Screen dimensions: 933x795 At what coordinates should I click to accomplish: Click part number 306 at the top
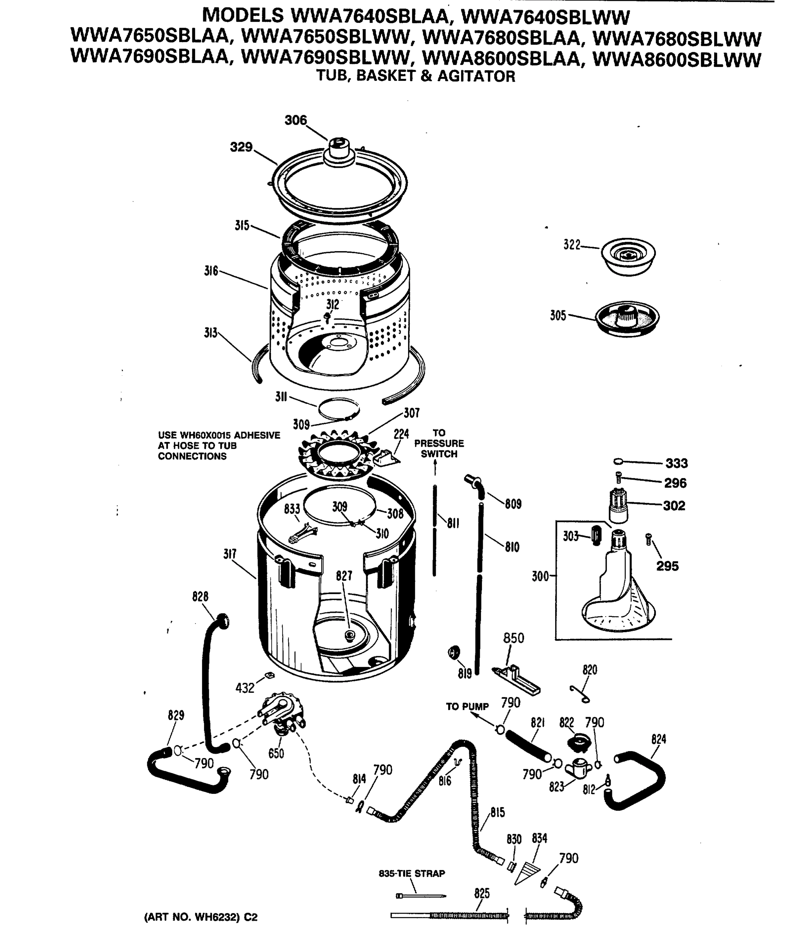click(x=295, y=120)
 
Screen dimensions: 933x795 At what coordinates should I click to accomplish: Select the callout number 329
click(x=241, y=147)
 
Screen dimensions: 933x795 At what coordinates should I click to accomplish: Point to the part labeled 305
click(x=627, y=318)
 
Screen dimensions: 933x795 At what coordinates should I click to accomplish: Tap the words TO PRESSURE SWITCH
click(x=439, y=444)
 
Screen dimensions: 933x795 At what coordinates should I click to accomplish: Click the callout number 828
click(x=200, y=596)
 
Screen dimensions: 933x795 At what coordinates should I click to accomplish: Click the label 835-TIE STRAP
click(x=411, y=874)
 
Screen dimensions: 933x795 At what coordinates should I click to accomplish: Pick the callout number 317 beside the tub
click(x=230, y=554)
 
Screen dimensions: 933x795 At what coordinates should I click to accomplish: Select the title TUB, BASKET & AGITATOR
click(x=415, y=76)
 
